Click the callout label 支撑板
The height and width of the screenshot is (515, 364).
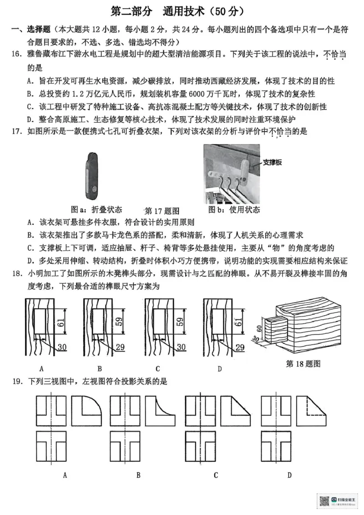272,162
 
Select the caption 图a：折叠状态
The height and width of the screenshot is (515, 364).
96,210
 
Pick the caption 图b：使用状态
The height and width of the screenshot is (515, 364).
234,210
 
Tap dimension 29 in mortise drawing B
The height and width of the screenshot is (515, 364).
120,347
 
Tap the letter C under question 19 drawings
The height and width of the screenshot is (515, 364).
215,475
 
